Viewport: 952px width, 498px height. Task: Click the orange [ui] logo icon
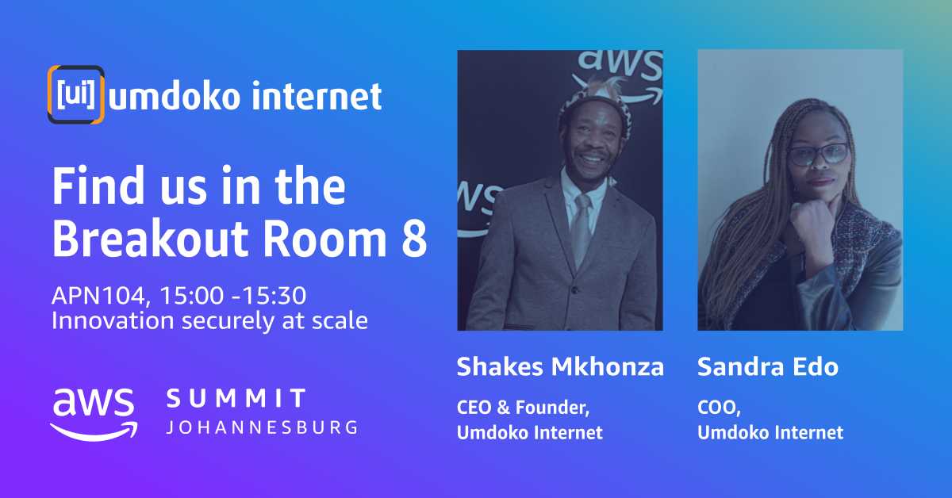click(x=75, y=94)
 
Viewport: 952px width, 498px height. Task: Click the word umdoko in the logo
click(x=175, y=96)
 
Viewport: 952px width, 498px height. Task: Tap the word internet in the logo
click(x=317, y=96)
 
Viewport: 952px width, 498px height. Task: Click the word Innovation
click(x=113, y=320)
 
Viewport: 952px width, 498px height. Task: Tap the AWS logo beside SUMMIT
click(x=94, y=414)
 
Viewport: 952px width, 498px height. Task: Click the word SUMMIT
click(x=236, y=398)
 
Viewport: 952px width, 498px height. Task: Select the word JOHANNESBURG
click(x=262, y=427)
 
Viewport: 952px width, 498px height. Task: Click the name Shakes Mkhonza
click(x=560, y=366)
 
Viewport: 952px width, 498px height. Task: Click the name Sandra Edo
click(x=768, y=366)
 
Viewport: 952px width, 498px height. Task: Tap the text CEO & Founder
click(x=523, y=408)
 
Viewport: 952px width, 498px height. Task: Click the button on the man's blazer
click(x=575, y=290)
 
